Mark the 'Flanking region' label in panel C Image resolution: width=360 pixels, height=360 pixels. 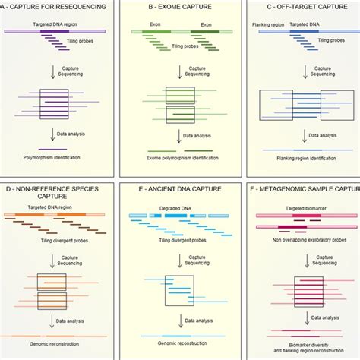pyautogui.click(x=267, y=24)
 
